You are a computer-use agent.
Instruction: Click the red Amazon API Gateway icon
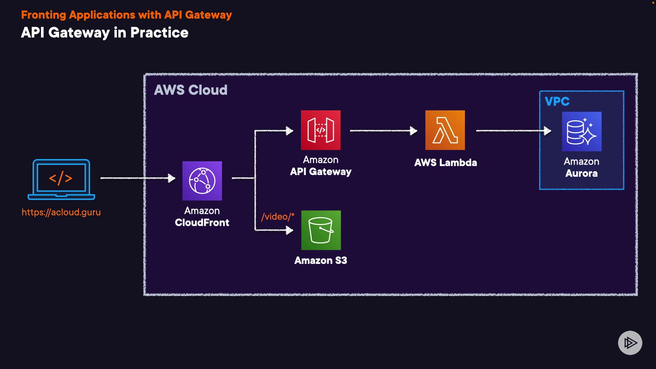pyautogui.click(x=320, y=130)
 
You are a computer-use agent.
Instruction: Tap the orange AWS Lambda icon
pyautogui.click(x=445, y=130)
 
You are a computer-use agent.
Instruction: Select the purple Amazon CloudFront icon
pyautogui.click(x=202, y=181)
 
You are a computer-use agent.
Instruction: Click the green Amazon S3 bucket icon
pyautogui.click(x=321, y=230)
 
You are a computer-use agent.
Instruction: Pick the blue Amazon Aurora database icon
pyautogui.click(x=582, y=132)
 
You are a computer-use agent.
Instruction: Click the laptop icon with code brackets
pyautogui.click(x=61, y=179)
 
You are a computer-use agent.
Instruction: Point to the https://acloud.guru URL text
pyautogui.click(x=61, y=212)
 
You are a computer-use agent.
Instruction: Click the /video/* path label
pyautogui.click(x=277, y=217)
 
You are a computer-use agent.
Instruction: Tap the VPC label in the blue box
pyautogui.click(x=557, y=101)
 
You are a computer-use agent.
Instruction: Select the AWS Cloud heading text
pyautogui.click(x=191, y=90)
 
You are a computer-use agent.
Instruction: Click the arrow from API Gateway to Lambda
pyautogui.click(x=383, y=131)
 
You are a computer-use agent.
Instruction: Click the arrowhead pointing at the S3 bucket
pyautogui.click(x=289, y=230)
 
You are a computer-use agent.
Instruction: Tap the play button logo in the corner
pyautogui.click(x=630, y=343)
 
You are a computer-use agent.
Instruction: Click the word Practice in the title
pyautogui.click(x=159, y=33)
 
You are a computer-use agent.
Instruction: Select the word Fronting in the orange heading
pyautogui.click(x=43, y=15)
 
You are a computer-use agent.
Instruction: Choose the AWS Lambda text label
pyautogui.click(x=446, y=163)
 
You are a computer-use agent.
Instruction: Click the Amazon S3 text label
pyautogui.click(x=320, y=260)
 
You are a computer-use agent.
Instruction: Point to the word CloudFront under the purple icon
pyautogui.click(x=202, y=223)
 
